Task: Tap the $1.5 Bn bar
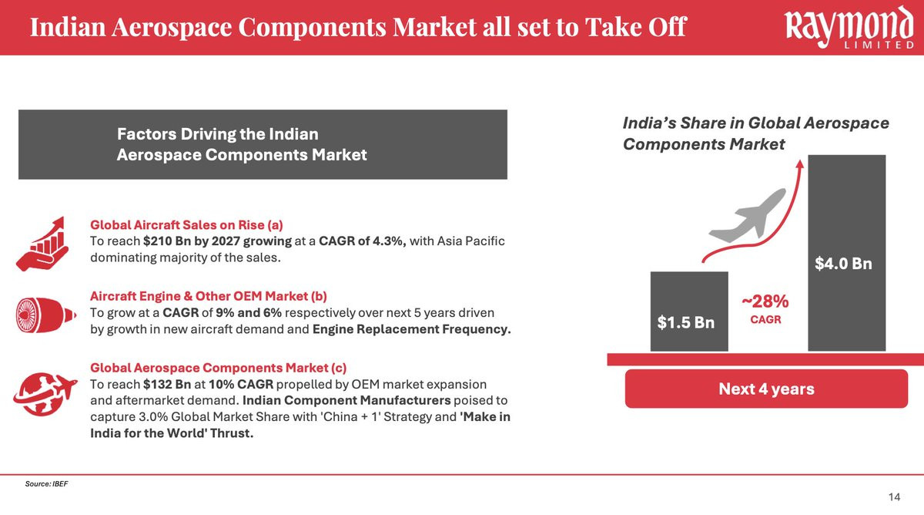coord(689,311)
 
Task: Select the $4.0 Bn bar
coord(846,253)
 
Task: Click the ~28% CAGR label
coord(765,309)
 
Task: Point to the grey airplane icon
coord(748,216)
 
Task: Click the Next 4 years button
coord(766,389)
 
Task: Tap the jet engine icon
coord(45,315)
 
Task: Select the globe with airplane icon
coord(45,394)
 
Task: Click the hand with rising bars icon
coord(42,244)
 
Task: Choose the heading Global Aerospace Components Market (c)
coord(218,368)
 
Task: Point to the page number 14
coord(894,496)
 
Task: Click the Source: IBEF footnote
coord(46,483)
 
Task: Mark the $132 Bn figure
coord(167,384)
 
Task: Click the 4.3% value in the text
coord(389,241)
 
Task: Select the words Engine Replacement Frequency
coord(412,329)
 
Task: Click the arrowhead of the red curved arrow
coord(799,163)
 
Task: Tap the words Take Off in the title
coord(636,27)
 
